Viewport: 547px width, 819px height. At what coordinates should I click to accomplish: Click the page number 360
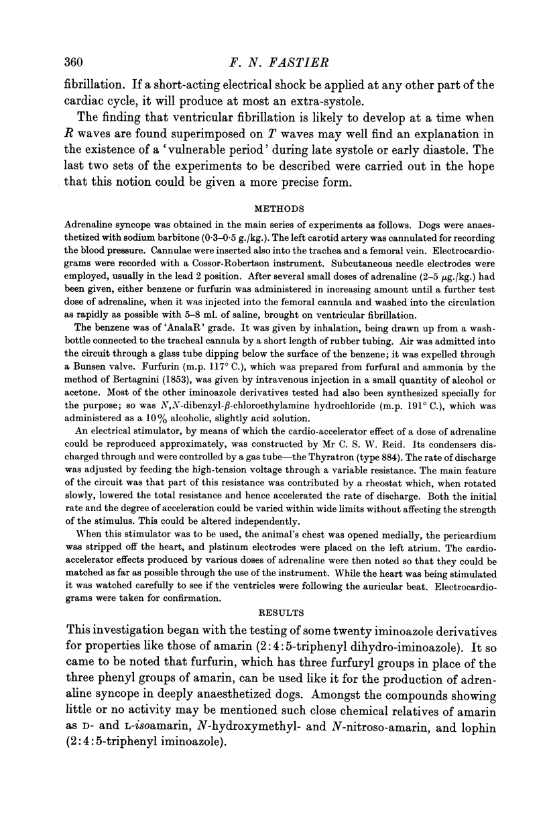coord(68,63)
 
